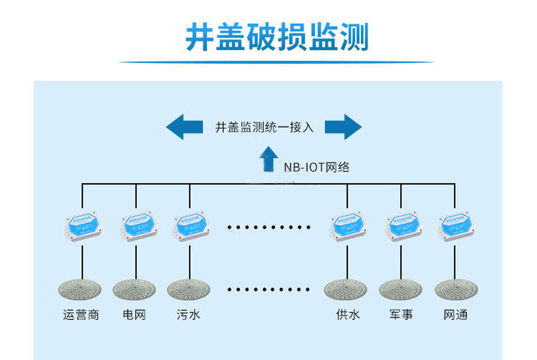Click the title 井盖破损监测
click(277, 37)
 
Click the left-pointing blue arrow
click(184, 127)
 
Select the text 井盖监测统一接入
click(264, 127)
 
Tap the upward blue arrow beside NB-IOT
click(268, 159)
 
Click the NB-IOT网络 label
click(316, 167)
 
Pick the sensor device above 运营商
click(83, 227)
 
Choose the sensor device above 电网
click(138, 227)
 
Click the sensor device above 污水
click(191, 227)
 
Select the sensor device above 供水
click(348, 227)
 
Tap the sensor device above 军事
click(403, 227)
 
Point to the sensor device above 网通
click(456, 227)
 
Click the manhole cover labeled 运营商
click(80, 290)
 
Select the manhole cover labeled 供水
click(345, 290)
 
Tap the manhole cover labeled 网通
click(456, 290)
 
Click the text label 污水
click(188, 315)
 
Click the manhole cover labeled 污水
click(189, 290)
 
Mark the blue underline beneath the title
click(277, 62)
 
